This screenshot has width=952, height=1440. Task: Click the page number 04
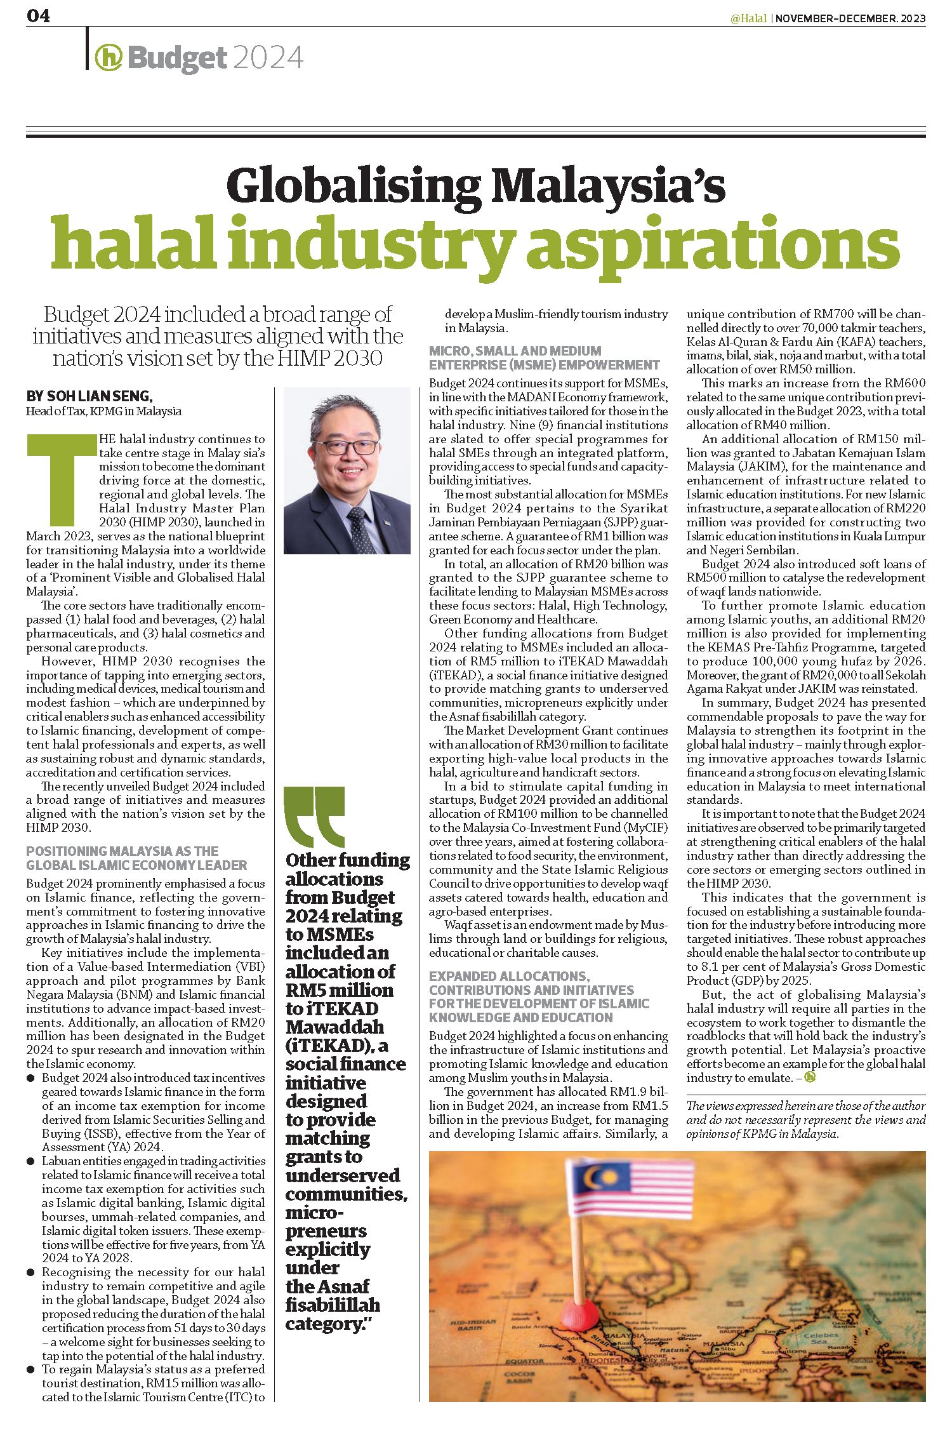tap(38, 16)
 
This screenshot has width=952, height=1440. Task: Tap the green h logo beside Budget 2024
tap(108, 58)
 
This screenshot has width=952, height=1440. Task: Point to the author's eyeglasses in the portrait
tap(345, 446)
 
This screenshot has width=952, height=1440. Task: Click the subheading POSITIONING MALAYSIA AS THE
tap(122, 851)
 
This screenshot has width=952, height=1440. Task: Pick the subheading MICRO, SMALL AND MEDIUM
tap(515, 350)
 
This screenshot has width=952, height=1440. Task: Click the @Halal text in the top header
tap(749, 18)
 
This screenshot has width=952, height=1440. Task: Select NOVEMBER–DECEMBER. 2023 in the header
tap(850, 18)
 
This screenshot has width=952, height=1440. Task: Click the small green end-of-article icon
tap(809, 1077)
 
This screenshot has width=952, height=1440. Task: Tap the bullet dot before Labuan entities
tap(30, 1161)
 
